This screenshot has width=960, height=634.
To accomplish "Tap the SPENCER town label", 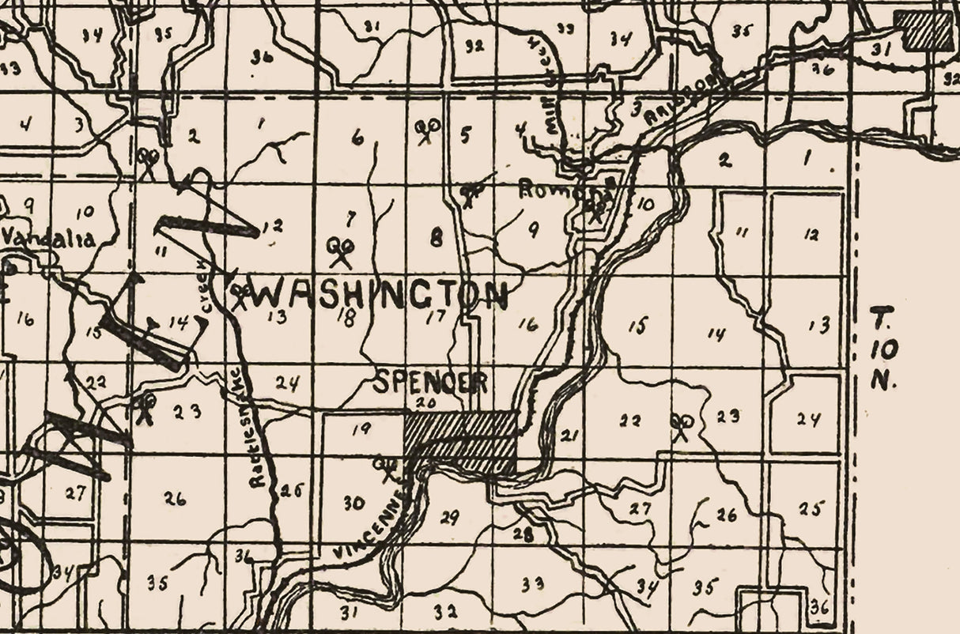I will pos(430,383).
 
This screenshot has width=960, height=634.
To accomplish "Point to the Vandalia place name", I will pos(49,238).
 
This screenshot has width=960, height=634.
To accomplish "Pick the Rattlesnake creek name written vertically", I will pos(256,427).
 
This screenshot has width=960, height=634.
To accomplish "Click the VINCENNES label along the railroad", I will pos(372,526).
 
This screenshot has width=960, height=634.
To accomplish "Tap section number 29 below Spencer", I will pos(448,518).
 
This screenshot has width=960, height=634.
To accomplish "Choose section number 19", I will pos(361,429).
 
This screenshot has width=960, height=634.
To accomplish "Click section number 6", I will pos(358,138).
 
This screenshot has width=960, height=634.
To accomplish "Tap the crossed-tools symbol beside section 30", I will pos(387,467).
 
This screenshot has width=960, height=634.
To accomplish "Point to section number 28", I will pos(522,534).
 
